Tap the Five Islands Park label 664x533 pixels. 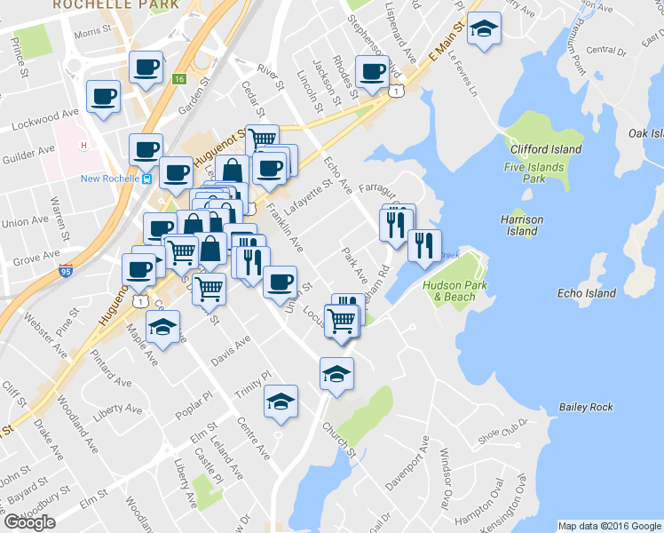[533, 172]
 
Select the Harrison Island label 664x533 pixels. [522, 225]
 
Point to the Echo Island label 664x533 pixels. [587, 293]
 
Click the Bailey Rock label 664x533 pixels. [586, 407]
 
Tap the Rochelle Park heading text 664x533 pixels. [115, 4]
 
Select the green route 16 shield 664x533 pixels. [180, 79]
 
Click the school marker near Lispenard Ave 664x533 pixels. [484, 29]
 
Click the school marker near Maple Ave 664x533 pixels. [163, 327]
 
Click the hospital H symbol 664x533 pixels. [83, 146]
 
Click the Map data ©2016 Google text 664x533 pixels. [610, 526]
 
